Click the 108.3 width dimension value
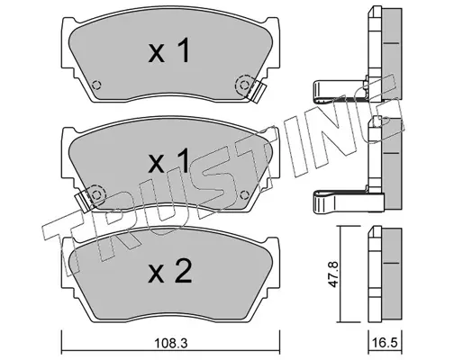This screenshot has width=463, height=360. [170, 343]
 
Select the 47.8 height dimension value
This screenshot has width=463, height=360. [333, 274]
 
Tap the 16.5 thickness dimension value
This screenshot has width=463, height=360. [385, 342]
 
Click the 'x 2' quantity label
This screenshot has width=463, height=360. [169, 271]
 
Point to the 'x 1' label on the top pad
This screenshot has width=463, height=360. [168, 50]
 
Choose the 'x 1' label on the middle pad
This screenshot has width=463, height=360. [168, 160]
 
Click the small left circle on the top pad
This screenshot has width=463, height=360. [96, 85]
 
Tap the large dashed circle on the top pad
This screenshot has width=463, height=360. [244, 85]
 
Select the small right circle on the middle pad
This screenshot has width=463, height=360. [244, 195]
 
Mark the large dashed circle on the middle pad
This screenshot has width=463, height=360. [96, 195]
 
